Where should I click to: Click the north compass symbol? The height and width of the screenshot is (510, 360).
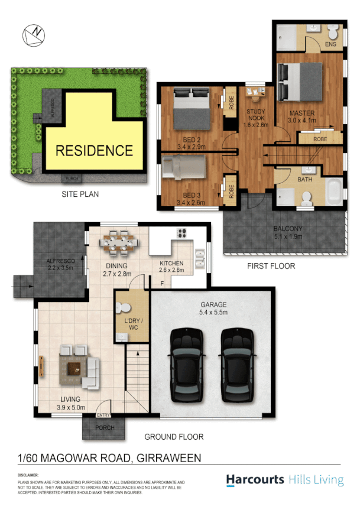[x=34, y=35]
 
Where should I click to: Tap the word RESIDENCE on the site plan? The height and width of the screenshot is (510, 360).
[x=94, y=150]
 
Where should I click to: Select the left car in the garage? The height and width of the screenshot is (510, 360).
[x=187, y=362]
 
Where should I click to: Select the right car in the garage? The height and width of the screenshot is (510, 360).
[x=238, y=362]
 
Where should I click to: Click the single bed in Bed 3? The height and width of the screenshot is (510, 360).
[x=184, y=167]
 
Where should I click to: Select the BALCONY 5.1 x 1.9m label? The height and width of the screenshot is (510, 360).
[x=288, y=232]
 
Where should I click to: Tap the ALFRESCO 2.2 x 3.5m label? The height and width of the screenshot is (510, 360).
[x=61, y=263]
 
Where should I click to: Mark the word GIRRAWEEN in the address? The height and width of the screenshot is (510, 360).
[x=169, y=457]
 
